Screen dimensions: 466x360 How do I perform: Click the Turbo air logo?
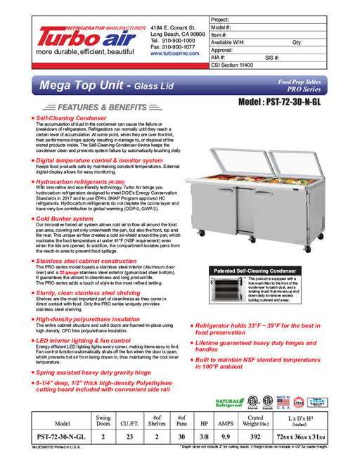click(x=84, y=37)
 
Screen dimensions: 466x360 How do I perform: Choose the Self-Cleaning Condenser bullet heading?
click(x=75, y=119)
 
